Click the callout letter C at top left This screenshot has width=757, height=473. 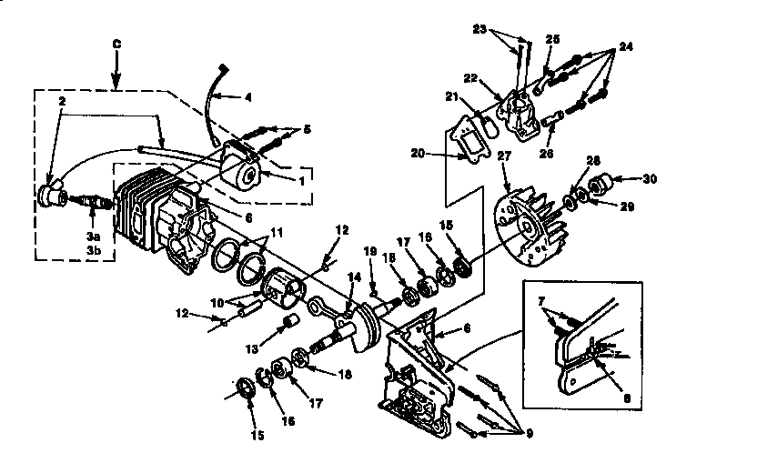click(115, 42)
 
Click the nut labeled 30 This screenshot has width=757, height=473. click(601, 186)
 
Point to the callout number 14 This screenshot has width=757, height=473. click(354, 277)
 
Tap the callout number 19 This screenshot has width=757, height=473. click(370, 252)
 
